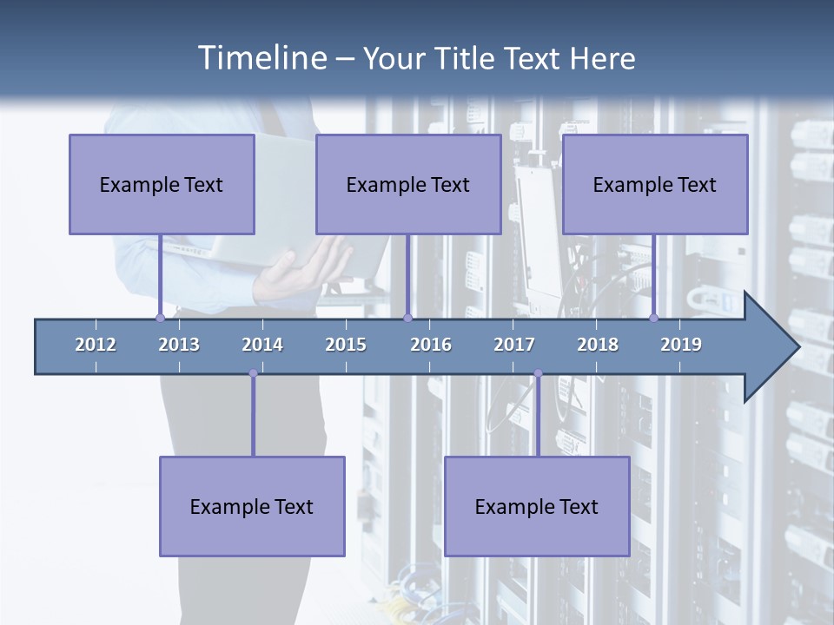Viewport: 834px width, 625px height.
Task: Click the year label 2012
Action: pyautogui.click(x=96, y=345)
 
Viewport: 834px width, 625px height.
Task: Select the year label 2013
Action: pyautogui.click(x=179, y=345)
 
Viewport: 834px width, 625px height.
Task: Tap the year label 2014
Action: pyautogui.click(x=262, y=345)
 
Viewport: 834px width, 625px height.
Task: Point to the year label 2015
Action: pyautogui.click(x=346, y=345)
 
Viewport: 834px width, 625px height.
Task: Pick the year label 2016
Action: pyautogui.click(x=431, y=345)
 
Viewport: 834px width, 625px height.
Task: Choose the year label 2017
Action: pyautogui.click(x=514, y=345)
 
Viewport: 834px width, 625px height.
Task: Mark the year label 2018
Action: pyautogui.click(x=598, y=345)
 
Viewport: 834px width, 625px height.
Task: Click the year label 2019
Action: pyautogui.click(x=681, y=345)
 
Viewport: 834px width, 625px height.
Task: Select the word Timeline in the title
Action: pyautogui.click(x=261, y=58)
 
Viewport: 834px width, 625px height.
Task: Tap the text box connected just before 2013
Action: pyautogui.click(x=162, y=184)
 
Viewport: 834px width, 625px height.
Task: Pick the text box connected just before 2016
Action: pyautogui.click(x=408, y=184)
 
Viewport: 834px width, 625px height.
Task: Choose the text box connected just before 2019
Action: pyautogui.click(x=655, y=184)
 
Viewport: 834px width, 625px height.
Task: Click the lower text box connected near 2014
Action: pyautogui.click(x=252, y=506)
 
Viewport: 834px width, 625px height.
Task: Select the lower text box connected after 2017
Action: pyautogui.click(x=537, y=506)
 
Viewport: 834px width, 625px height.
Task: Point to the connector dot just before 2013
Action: pyautogui.click(x=160, y=319)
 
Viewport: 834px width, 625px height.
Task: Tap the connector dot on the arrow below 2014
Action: pyautogui.click(x=253, y=373)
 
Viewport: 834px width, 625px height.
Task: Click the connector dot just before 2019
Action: pyautogui.click(x=654, y=319)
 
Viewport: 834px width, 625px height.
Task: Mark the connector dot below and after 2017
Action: pyautogui.click(x=538, y=373)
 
